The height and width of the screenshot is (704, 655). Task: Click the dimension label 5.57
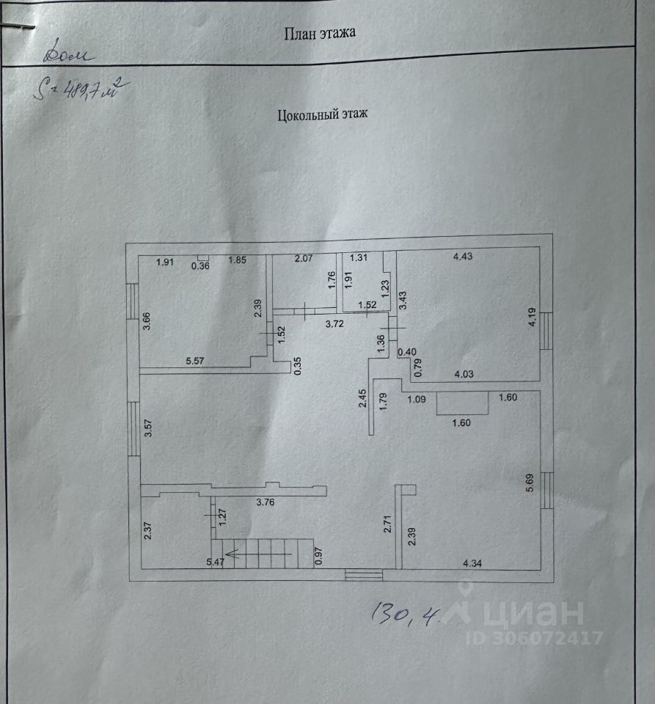click(x=197, y=361)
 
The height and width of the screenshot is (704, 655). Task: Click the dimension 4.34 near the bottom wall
click(x=477, y=562)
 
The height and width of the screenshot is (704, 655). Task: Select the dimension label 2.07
click(x=304, y=258)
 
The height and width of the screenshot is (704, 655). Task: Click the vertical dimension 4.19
click(x=533, y=320)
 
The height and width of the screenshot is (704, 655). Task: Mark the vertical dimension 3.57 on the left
click(x=148, y=428)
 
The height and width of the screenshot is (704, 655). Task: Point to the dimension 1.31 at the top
click(x=359, y=257)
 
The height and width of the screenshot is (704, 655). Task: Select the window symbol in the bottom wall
click(x=364, y=576)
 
